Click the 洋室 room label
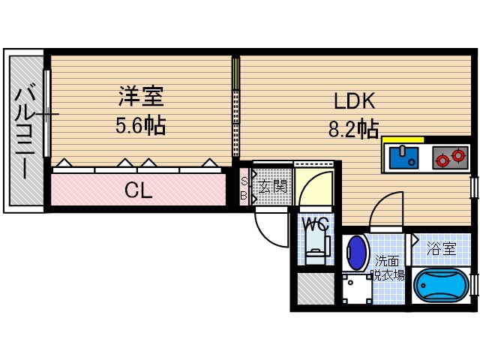[x=140, y=97]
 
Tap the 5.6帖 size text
[x=140, y=125]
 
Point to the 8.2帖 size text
[x=352, y=130]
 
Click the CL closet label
[x=138, y=190]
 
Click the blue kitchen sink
[x=406, y=157]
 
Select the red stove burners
[x=450, y=158]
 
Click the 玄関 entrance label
[x=273, y=186]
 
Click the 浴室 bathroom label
[x=441, y=246]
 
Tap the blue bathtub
[x=442, y=286]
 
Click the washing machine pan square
[x=357, y=289]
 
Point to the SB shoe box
[x=244, y=186]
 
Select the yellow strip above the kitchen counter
[x=403, y=139]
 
